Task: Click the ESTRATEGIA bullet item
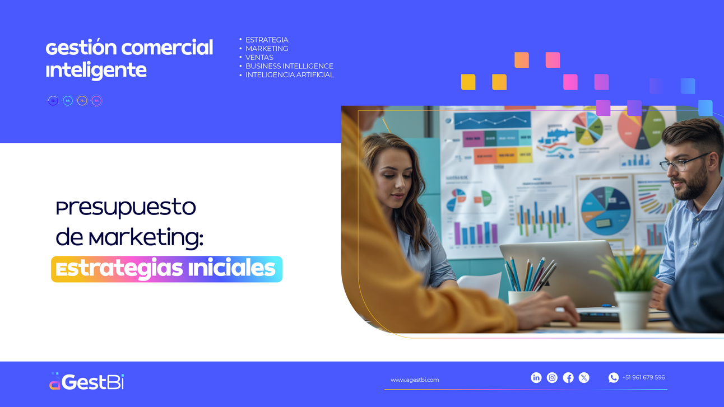pyautogui.click(x=267, y=40)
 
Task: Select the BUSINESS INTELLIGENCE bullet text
pyautogui.click(x=289, y=66)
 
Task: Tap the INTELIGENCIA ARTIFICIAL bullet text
pyautogui.click(x=289, y=75)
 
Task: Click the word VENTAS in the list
pyautogui.click(x=259, y=57)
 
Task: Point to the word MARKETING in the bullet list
pyautogui.click(x=267, y=49)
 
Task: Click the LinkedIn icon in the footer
pyautogui.click(x=536, y=378)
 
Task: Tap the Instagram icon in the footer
pyautogui.click(x=552, y=378)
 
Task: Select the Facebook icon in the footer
pyautogui.click(x=568, y=378)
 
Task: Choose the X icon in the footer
pyautogui.click(x=584, y=378)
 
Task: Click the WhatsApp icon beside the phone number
pyautogui.click(x=614, y=378)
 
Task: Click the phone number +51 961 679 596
pyautogui.click(x=643, y=377)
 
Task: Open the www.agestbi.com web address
pyautogui.click(x=415, y=380)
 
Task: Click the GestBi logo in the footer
pyautogui.click(x=86, y=382)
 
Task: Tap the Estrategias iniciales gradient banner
pyautogui.click(x=166, y=269)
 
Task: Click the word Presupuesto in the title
pyautogui.click(x=126, y=208)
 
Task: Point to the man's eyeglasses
pyautogui.click(x=681, y=163)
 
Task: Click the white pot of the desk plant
pyautogui.click(x=633, y=308)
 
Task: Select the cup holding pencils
pyautogui.click(x=522, y=297)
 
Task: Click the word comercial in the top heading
pyautogui.click(x=167, y=48)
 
